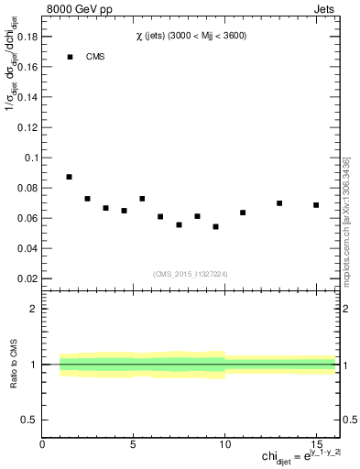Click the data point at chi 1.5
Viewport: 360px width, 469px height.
click(x=69, y=177)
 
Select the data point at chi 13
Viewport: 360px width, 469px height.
click(x=279, y=203)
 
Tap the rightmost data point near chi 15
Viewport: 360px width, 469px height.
click(x=316, y=205)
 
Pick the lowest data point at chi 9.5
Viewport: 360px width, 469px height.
click(x=215, y=226)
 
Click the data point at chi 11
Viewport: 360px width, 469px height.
click(x=243, y=213)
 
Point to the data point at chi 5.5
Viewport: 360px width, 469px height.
click(x=142, y=199)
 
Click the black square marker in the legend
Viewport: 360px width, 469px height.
click(x=70, y=57)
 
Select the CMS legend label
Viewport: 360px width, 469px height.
click(x=96, y=57)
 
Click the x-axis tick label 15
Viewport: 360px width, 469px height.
click(x=316, y=444)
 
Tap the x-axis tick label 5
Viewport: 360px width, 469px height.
click(x=134, y=444)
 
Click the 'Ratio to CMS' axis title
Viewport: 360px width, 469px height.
click(x=16, y=365)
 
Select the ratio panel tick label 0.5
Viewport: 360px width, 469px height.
click(x=30, y=420)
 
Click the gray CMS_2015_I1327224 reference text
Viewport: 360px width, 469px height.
click(x=191, y=273)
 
